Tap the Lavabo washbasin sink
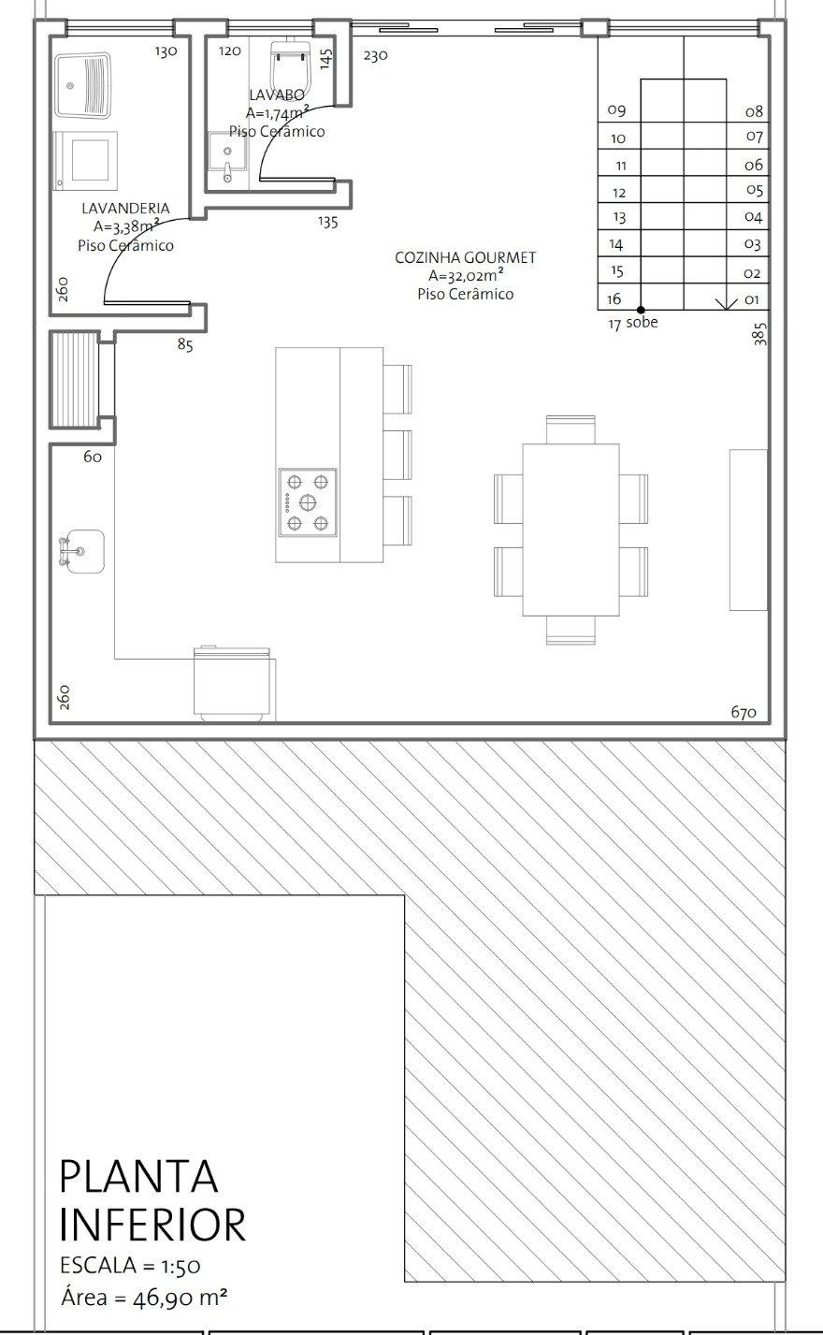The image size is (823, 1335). tap(227, 156)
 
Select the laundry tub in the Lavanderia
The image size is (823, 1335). tap(83, 86)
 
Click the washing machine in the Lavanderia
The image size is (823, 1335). tap(85, 160)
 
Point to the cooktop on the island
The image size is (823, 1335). tap(308, 502)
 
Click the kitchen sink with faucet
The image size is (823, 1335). tap(81, 551)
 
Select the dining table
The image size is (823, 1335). tap(570, 530)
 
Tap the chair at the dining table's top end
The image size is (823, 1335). tap(570, 429)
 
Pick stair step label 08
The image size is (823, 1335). tap(754, 111)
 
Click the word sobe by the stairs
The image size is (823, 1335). tap(642, 323)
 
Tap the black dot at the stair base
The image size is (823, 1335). tap(641, 310)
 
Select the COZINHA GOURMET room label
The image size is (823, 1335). tap(466, 257)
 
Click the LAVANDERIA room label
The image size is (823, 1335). tap(125, 208)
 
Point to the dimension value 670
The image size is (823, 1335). tap(744, 712)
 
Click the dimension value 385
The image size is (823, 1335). tap(759, 334)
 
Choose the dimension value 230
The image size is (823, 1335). tap(375, 55)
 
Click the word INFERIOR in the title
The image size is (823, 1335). tap(152, 1226)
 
